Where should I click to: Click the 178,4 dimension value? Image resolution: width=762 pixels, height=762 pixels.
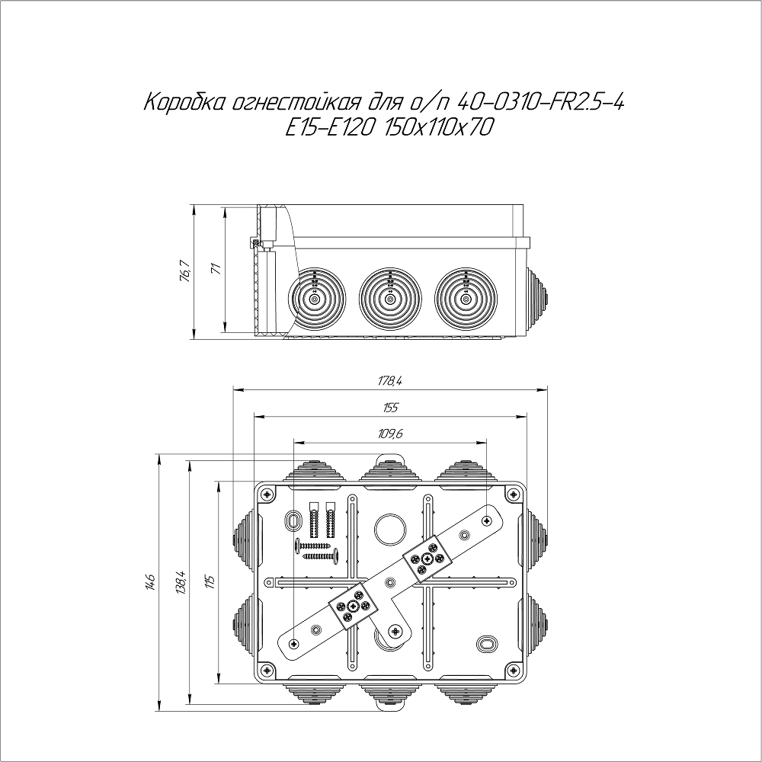coord(389,382)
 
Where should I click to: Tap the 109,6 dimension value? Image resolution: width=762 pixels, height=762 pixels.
coord(390,434)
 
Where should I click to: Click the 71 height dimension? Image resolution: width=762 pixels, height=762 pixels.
coord(216,269)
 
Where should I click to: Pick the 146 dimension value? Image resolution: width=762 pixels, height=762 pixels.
coord(149,581)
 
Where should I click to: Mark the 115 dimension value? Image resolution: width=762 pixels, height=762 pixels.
coord(210,581)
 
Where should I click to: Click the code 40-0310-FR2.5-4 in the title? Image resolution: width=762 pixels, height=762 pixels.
coord(542,103)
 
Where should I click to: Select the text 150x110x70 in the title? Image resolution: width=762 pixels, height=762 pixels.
coord(438,128)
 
